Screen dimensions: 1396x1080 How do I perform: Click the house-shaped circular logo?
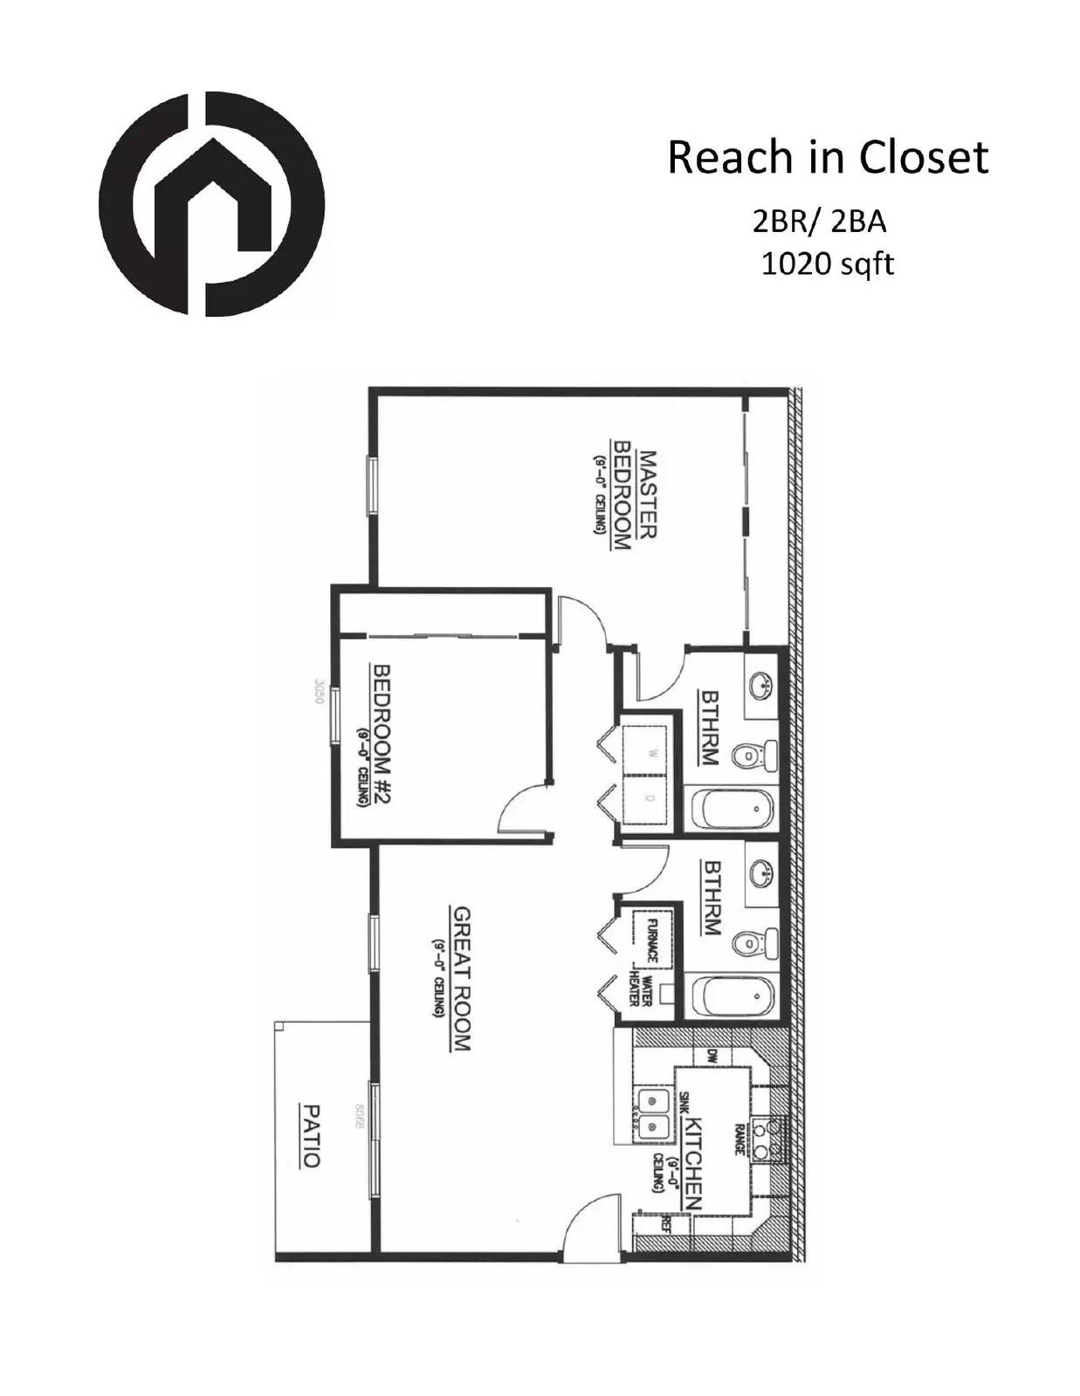pyautogui.click(x=211, y=203)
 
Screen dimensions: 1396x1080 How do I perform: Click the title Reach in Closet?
pyautogui.click(x=828, y=158)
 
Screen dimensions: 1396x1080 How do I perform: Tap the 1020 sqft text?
pyautogui.click(x=827, y=263)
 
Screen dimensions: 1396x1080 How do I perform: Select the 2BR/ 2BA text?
pyautogui.click(x=819, y=222)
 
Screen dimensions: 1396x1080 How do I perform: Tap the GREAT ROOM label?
pyautogui.click(x=461, y=978)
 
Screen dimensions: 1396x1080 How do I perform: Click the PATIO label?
pyautogui.click(x=310, y=1136)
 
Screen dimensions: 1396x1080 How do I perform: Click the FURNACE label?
pyautogui.click(x=651, y=940)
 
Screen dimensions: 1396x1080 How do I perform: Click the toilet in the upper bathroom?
pyautogui.click(x=753, y=755)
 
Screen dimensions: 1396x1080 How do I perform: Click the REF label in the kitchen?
pyautogui.click(x=667, y=1223)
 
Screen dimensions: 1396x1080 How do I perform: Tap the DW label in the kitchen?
pyautogui.click(x=712, y=1056)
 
